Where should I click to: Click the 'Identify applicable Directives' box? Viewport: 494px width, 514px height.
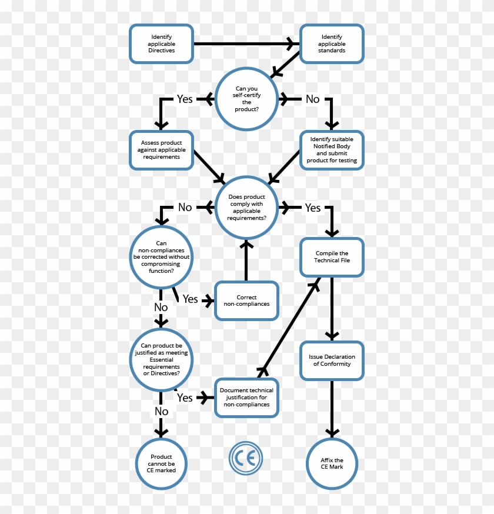[x=161, y=44]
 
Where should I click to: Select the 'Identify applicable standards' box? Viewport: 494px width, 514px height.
[x=332, y=44]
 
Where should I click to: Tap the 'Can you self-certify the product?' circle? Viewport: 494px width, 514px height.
[x=246, y=99]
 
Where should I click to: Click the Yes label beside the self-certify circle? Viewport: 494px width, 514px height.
[x=185, y=99]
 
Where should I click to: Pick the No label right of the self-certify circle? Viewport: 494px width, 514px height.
[x=312, y=99]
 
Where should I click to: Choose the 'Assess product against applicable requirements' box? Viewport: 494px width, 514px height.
[x=161, y=150]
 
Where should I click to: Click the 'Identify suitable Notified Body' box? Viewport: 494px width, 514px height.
[x=332, y=150]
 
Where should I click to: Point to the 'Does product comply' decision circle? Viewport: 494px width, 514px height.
[x=246, y=208]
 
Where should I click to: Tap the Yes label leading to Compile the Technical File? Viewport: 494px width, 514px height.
[x=312, y=208]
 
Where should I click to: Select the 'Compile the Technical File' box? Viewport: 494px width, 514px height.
[x=332, y=257]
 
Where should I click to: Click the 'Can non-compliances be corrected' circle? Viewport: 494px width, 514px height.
[x=161, y=257]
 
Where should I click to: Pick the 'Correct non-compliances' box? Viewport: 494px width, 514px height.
[x=246, y=301]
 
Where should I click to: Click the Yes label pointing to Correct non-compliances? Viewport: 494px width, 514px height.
[x=190, y=299]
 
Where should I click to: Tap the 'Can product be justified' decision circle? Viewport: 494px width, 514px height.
[x=161, y=359]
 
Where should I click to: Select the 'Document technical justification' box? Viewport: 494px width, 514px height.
[x=246, y=398]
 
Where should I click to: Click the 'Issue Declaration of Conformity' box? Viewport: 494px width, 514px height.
[x=332, y=360]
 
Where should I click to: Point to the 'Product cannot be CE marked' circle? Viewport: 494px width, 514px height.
[x=161, y=463]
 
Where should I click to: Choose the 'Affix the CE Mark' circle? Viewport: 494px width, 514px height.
[x=332, y=463]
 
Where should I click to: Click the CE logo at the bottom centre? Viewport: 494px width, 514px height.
[x=246, y=458]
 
